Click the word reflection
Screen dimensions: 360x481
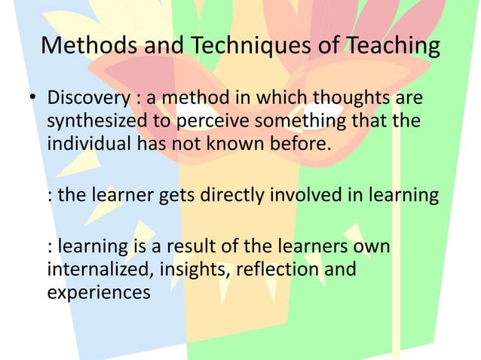[x=275, y=269]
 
